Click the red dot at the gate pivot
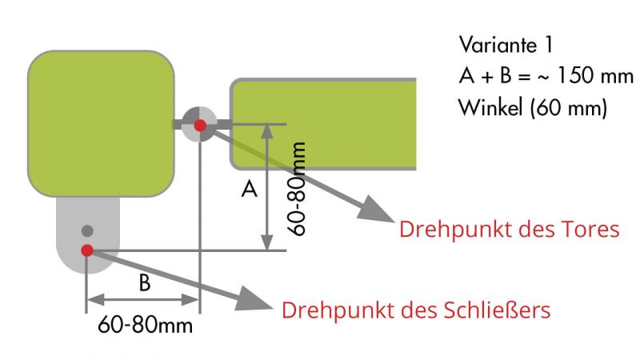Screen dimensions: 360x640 [x=199, y=125]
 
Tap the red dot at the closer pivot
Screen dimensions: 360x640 [x=87, y=250]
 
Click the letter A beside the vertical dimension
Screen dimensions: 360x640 [x=250, y=190]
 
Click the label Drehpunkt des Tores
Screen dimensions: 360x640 [x=510, y=230]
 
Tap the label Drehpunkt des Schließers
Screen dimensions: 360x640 [x=416, y=310]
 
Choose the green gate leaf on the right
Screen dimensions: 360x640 [x=324, y=124]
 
